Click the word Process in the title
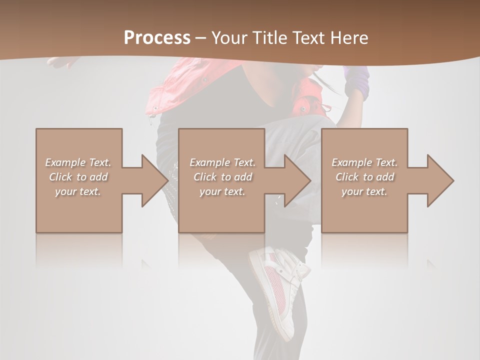point(157,38)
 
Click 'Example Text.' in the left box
point(78,162)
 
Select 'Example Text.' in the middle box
point(222,162)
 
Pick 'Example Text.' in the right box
point(364,162)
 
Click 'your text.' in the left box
point(78,191)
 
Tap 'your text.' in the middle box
point(222,191)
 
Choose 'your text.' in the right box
point(364,191)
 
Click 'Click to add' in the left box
point(78,177)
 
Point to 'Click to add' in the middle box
point(222,177)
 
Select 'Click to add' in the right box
point(364,177)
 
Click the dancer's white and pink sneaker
point(278,290)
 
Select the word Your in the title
point(228,38)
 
